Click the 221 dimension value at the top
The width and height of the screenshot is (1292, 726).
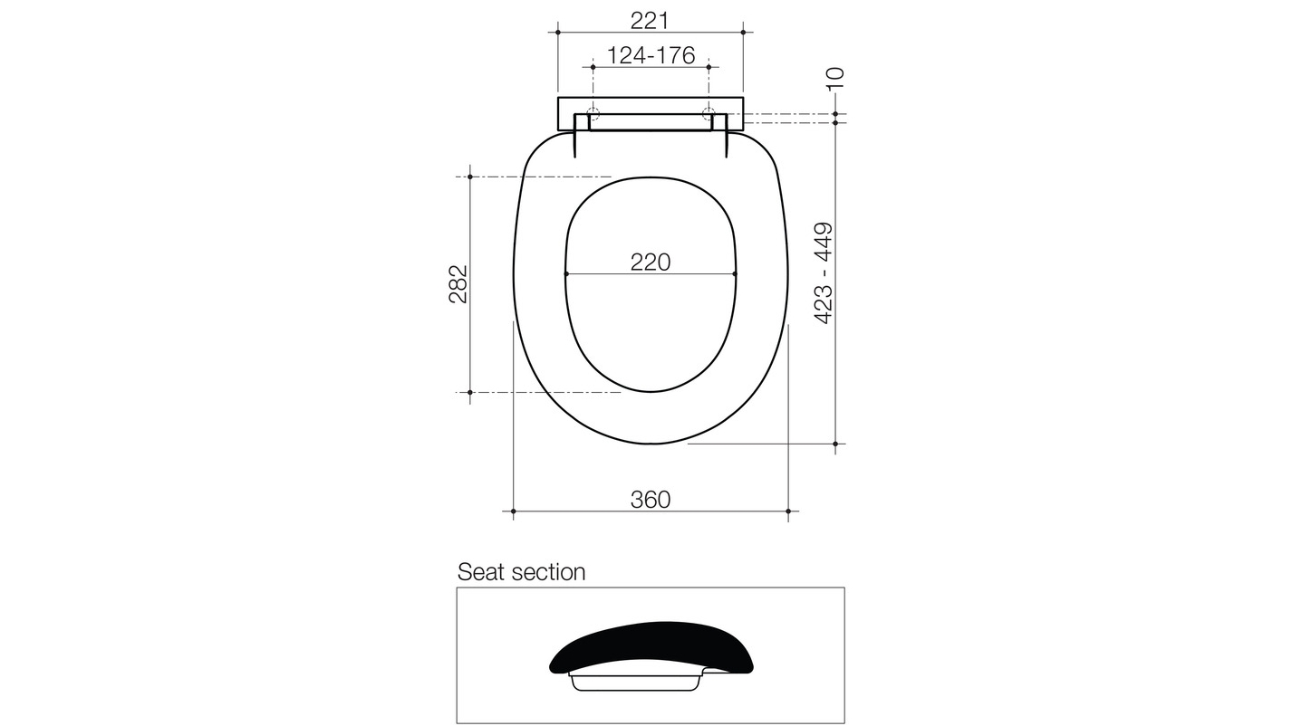pyautogui.click(x=650, y=20)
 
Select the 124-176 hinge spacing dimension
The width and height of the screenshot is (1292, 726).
pyautogui.click(x=650, y=56)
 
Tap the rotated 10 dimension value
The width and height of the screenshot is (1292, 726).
pyautogui.click(x=835, y=78)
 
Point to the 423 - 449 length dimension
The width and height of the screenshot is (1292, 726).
pyautogui.click(x=824, y=273)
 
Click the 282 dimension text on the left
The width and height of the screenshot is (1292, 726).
pyautogui.click(x=458, y=284)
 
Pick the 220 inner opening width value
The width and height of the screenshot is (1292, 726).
pyautogui.click(x=651, y=263)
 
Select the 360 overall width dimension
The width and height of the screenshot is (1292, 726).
pyautogui.click(x=651, y=500)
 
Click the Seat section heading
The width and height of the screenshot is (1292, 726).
pyautogui.click(x=521, y=572)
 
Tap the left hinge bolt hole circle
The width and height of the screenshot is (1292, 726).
pyautogui.click(x=593, y=115)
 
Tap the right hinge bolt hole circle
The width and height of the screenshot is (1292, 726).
pyautogui.click(x=709, y=115)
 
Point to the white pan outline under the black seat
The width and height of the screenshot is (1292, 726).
pyautogui.click(x=638, y=682)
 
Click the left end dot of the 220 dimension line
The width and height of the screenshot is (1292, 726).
pyautogui.click(x=566, y=273)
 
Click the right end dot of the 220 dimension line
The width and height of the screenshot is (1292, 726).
pyautogui.click(x=735, y=273)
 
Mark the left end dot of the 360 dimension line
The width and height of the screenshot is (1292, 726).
pyautogui.click(x=514, y=511)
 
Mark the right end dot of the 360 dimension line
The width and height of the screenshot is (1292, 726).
pyautogui.click(x=788, y=511)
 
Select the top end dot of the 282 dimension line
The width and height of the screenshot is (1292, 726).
pyautogui.click(x=470, y=177)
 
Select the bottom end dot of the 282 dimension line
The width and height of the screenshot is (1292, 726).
pyautogui.click(x=470, y=392)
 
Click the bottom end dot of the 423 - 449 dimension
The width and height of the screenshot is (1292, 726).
pyautogui.click(x=835, y=444)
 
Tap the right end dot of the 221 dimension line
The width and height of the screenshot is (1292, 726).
pyautogui.click(x=743, y=32)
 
